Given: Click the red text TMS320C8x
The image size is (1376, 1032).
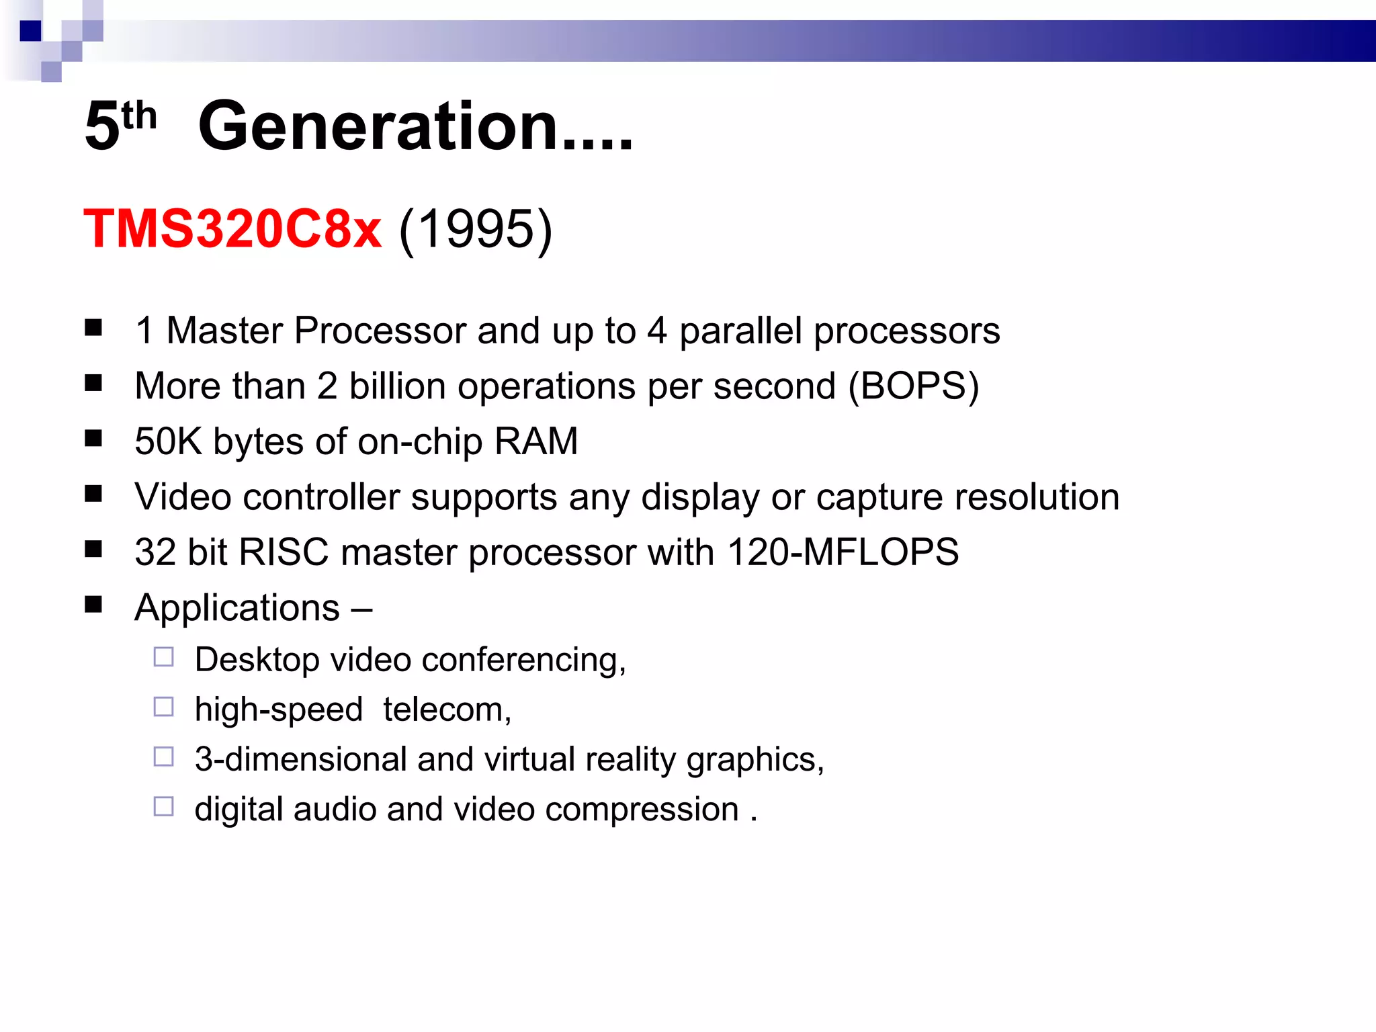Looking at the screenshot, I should [x=232, y=229].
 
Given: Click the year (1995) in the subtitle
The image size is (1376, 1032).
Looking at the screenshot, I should [x=476, y=229].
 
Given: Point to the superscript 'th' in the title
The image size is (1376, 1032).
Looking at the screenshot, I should [x=139, y=116].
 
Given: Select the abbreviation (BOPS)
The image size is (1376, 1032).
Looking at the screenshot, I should [x=913, y=386].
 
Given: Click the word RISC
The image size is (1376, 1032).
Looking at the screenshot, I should [x=284, y=552].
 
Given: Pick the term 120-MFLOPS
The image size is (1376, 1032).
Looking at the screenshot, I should [x=843, y=552].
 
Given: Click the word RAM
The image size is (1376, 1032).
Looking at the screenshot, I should [x=535, y=442].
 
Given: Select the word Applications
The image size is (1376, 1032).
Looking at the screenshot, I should [x=237, y=608].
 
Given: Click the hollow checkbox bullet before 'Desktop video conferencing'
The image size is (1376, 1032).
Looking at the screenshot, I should [x=164, y=657].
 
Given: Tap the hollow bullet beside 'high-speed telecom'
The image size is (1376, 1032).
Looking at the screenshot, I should [x=164, y=707].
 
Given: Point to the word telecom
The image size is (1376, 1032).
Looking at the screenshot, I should [x=447, y=709].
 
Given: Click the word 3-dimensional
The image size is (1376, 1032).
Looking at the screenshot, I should [x=300, y=760].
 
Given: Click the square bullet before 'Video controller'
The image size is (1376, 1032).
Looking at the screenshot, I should [x=93, y=494].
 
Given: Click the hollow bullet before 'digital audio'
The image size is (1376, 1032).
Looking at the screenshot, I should [x=164, y=806].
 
